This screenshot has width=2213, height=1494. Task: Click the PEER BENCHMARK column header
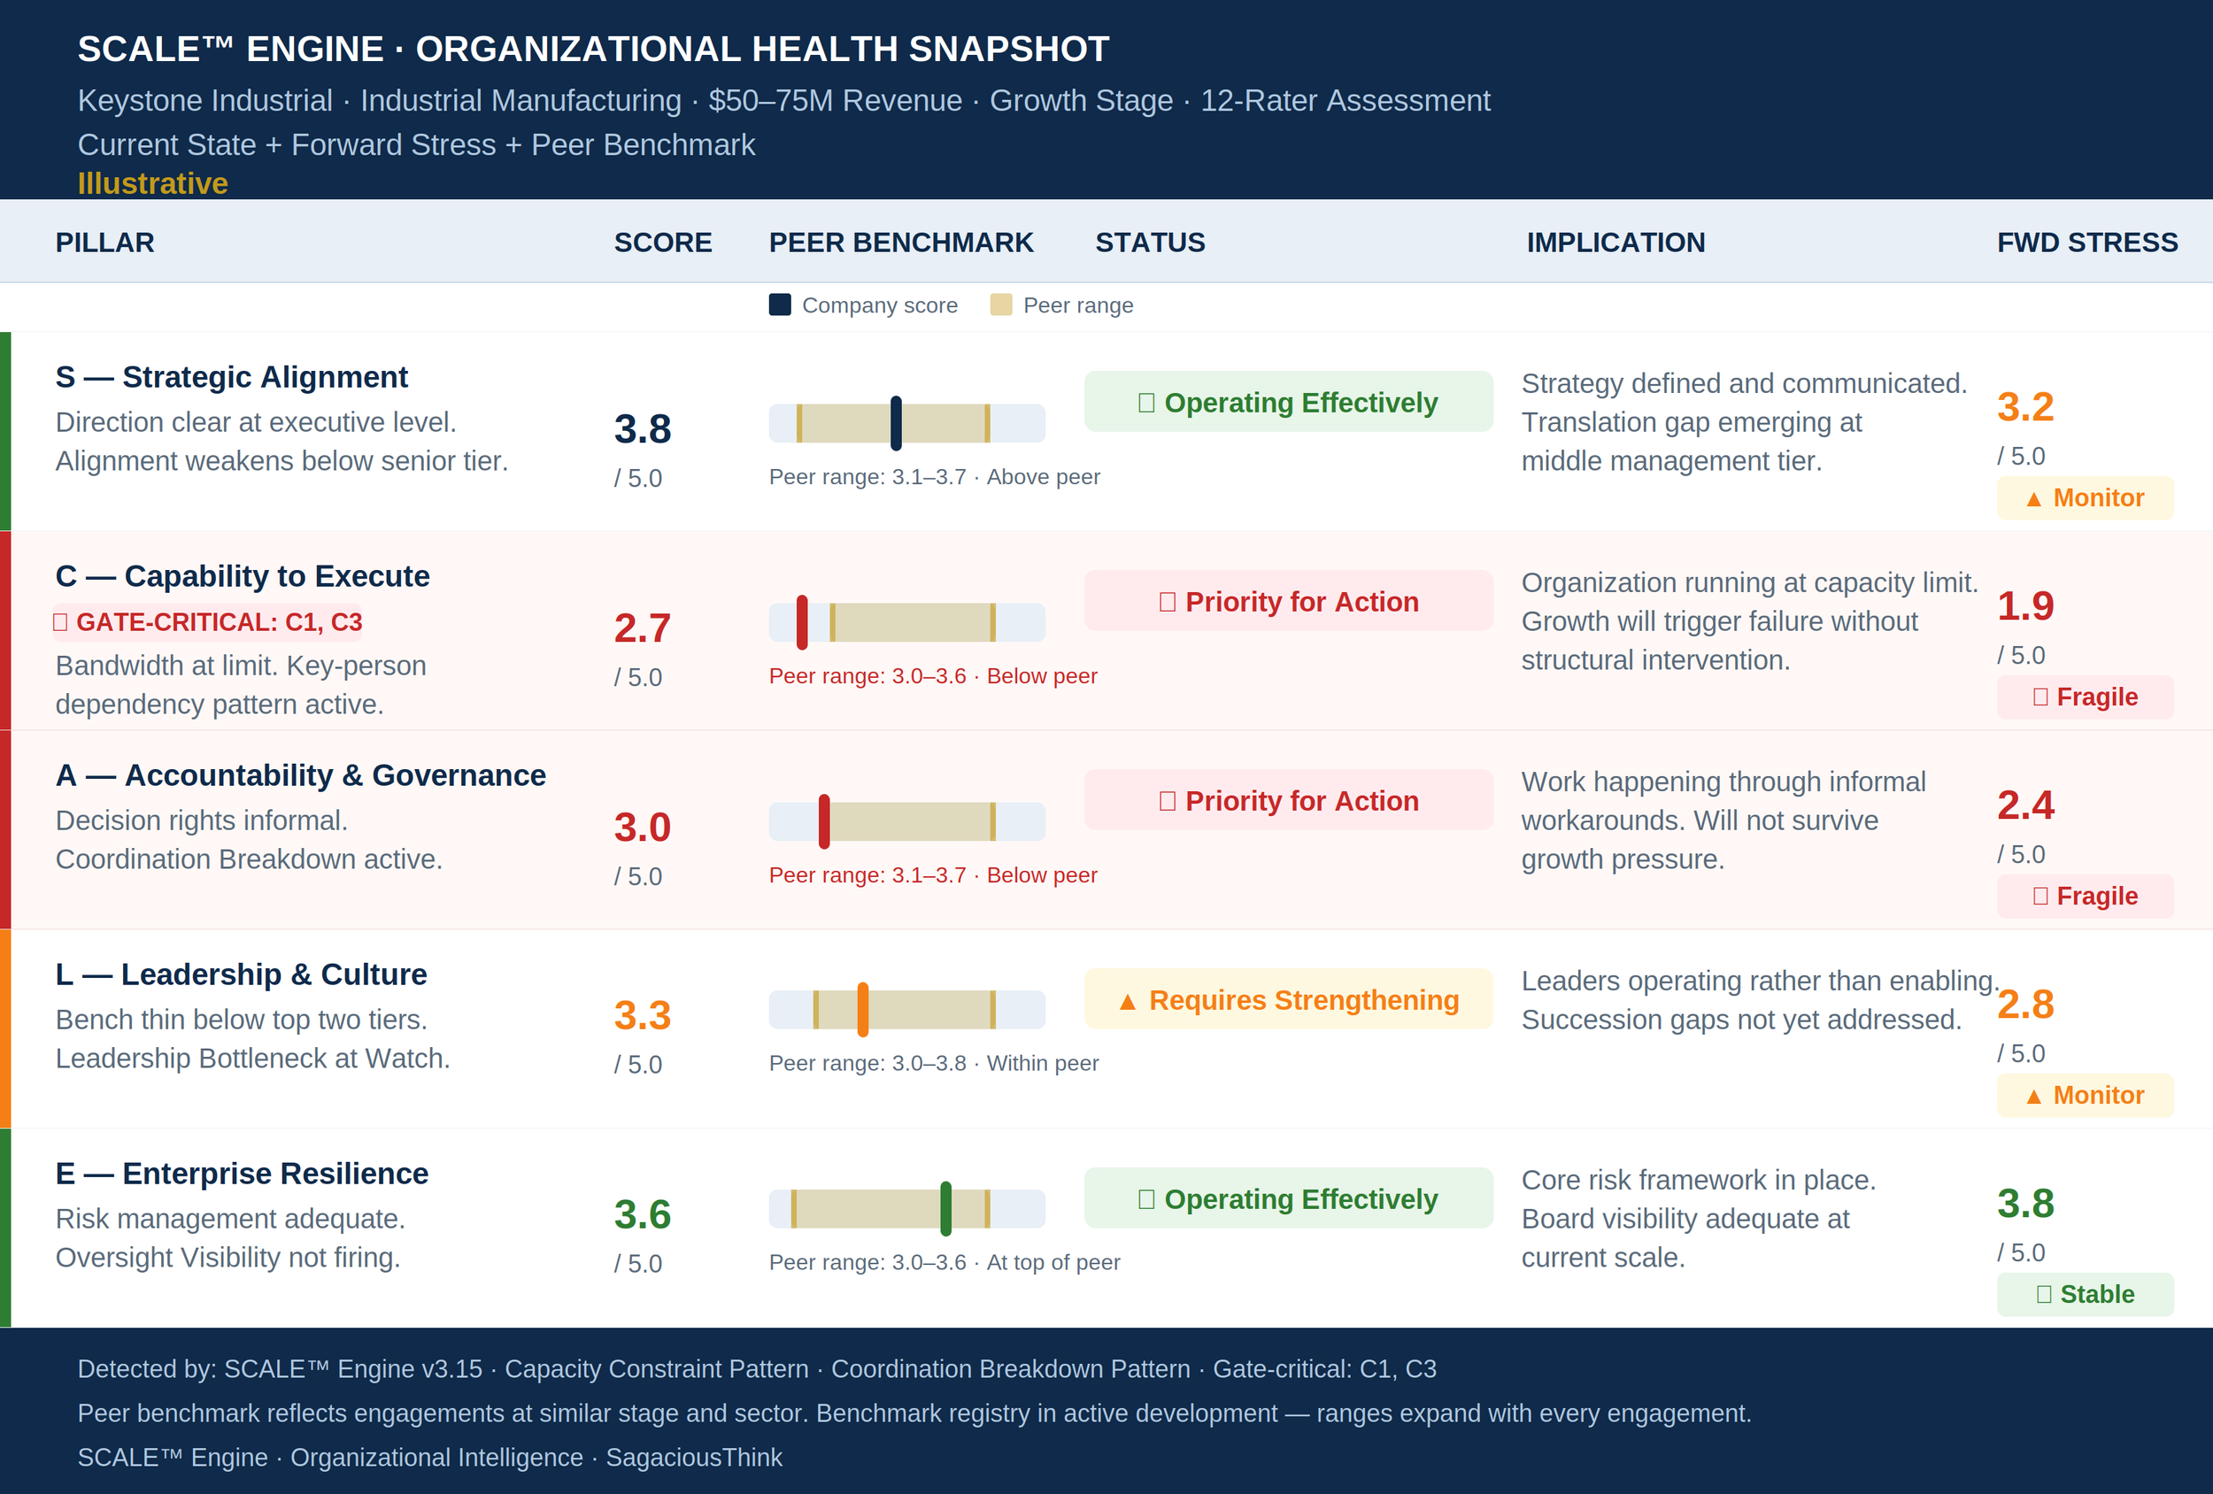[901, 243]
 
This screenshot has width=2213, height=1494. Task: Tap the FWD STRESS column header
[2087, 243]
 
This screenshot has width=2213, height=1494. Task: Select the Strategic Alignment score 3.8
[643, 429]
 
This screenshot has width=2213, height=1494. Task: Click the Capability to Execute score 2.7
[643, 628]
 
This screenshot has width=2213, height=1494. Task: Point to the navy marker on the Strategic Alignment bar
[896, 423]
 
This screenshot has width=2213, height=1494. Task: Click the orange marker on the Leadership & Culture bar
[863, 1009]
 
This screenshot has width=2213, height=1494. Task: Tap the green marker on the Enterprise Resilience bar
[945, 1208]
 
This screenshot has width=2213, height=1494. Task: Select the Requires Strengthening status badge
[1288, 1000]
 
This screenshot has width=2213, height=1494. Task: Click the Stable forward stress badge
[2086, 1294]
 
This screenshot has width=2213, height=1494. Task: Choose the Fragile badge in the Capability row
[2086, 697]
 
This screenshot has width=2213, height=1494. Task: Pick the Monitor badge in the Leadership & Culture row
[2086, 1095]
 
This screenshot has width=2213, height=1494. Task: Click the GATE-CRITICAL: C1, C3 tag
[209, 623]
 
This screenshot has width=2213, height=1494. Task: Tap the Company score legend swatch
[780, 304]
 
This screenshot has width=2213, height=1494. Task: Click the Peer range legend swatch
[1001, 304]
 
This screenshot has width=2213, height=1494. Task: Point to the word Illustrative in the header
[152, 183]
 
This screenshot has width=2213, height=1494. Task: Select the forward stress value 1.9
[2025, 605]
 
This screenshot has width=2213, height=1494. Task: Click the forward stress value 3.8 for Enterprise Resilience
[2025, 1204]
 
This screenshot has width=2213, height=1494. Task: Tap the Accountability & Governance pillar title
[301, 775]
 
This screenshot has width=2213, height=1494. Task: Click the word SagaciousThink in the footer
[694, 1457]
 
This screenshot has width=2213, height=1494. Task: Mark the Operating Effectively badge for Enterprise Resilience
[1288, 1198]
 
